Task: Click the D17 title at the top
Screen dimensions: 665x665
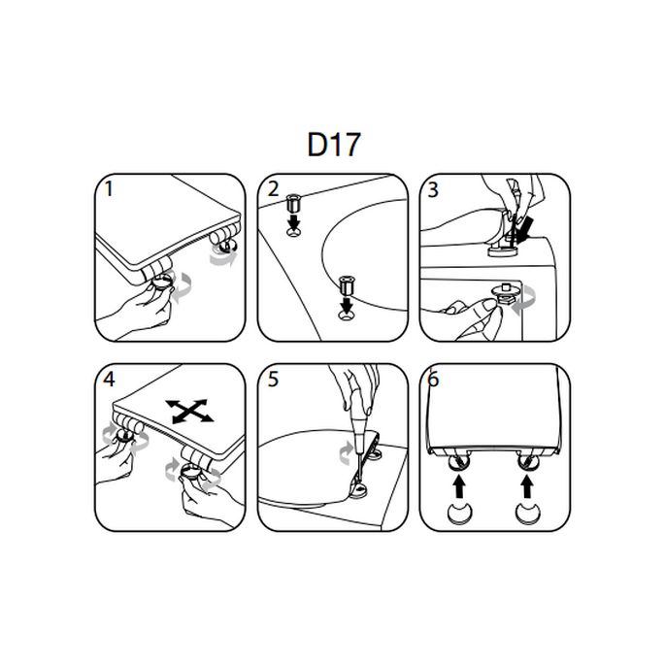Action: pos(334,145)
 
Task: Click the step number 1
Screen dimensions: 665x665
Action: pos(109,189)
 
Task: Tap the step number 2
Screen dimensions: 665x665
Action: pos(273,189)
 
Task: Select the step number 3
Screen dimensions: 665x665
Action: pos(433,189)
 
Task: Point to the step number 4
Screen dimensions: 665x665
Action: pos(109,379)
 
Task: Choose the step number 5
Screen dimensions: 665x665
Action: pos(273,380)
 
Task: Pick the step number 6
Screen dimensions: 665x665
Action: pos(433,380)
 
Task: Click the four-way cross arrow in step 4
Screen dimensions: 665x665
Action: pos(189,411)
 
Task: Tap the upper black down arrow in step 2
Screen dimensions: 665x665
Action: pos(293,221)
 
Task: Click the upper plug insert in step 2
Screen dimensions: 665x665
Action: pos(293,203)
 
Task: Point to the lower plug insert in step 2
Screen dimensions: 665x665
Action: pos(348,285)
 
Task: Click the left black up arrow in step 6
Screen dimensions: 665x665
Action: pos(459,487)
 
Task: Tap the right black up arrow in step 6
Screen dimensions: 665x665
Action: pos(527,487)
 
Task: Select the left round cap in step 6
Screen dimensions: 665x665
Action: pos(460,515)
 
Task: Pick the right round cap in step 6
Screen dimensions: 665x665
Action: pos(527,515)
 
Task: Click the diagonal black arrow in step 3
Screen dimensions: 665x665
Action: pos(524,230)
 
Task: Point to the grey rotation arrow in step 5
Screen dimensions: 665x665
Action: pos(346,452)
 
